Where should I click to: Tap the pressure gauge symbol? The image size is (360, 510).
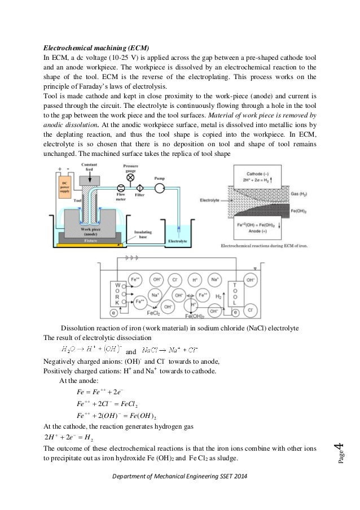coord(130,177)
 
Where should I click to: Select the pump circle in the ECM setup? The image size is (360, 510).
coord(161,187)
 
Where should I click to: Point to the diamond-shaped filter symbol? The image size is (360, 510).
coord(139,188)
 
